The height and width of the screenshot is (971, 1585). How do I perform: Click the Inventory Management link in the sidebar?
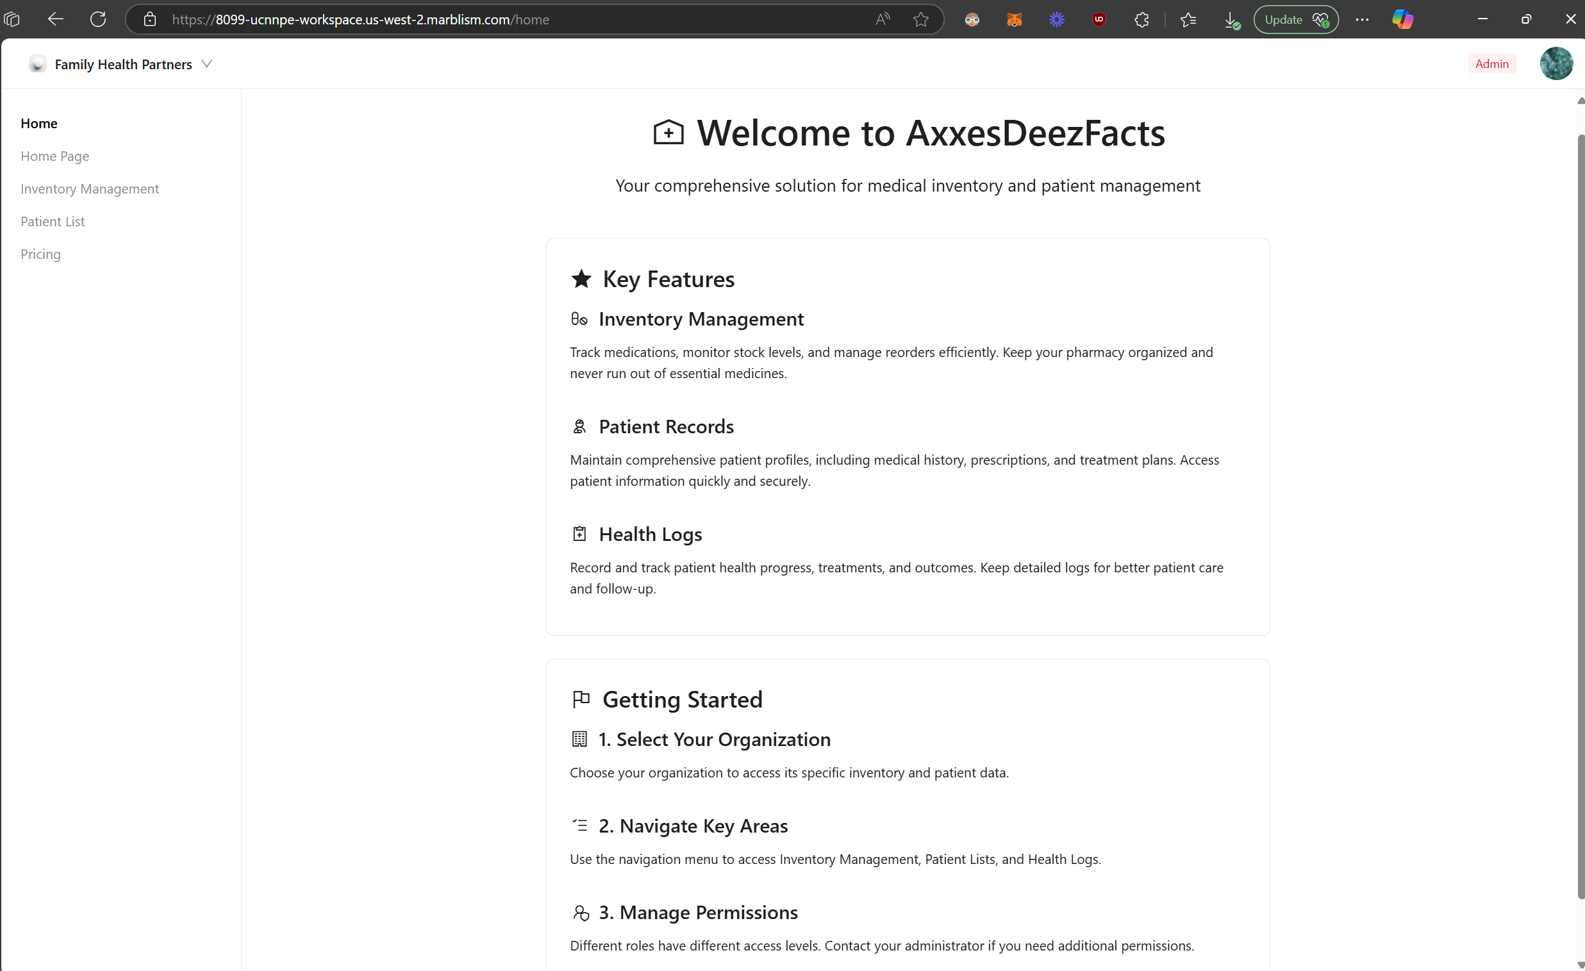[90, 188]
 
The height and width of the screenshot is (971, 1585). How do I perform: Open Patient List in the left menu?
[53, 221]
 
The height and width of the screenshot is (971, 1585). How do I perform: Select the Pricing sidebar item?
[40, 254]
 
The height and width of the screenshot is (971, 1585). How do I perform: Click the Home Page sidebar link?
[54, 156]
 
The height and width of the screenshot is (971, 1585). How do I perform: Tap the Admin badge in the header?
[1491, 63]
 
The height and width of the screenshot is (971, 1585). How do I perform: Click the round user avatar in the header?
[1556, 63]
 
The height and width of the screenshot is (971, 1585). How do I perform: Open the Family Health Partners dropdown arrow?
[206, 63]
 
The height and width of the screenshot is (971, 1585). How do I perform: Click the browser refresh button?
[98, 19]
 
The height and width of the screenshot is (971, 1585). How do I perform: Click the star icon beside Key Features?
[581, 279]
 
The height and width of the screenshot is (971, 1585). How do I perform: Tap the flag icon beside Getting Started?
[581, 699]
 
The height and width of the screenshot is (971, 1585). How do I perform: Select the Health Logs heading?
[650, 534]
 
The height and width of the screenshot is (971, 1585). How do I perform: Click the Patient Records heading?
[666, 427]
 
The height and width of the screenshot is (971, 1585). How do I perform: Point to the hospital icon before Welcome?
[668, 133]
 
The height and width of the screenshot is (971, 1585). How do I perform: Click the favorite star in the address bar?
[920, 19]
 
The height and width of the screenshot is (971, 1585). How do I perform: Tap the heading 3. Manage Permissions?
[698, 913]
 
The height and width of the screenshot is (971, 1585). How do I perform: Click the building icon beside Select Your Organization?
[579, 739]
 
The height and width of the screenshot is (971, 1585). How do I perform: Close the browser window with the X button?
[1570, 19]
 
